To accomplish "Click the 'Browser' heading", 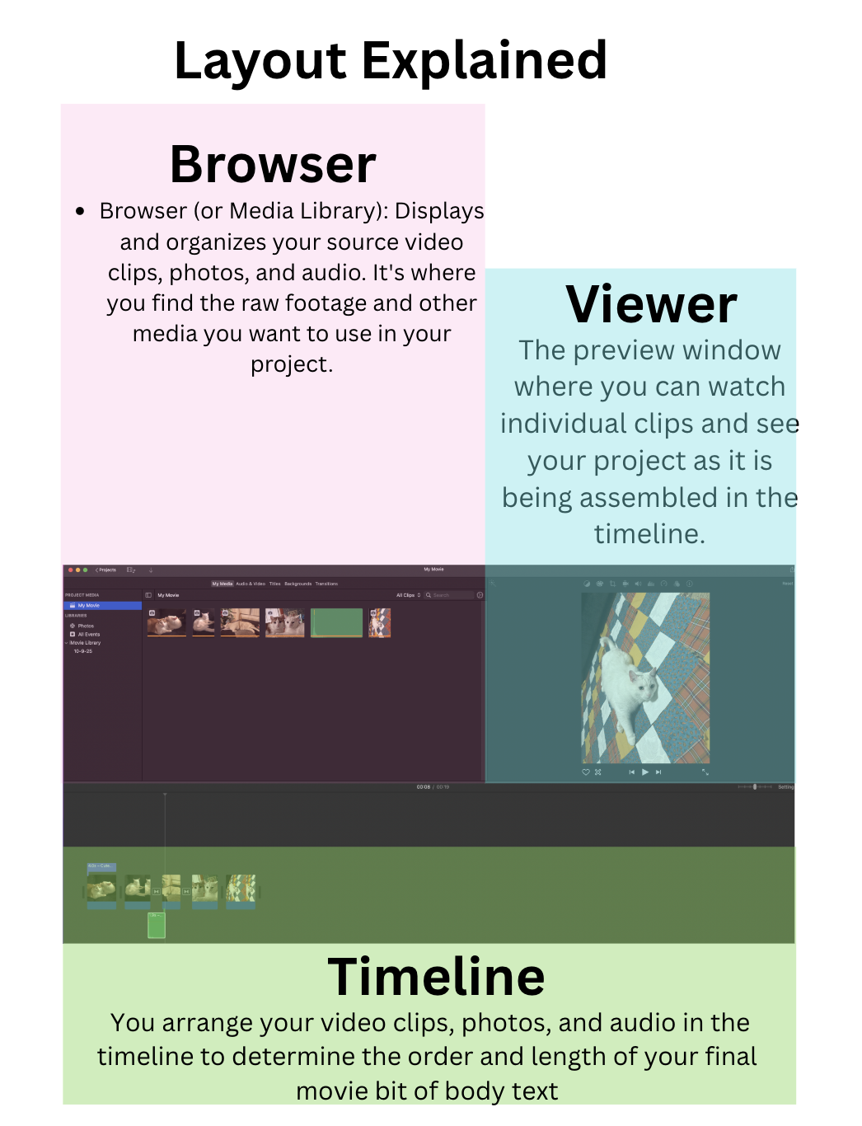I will [273, 164].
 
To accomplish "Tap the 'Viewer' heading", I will [651, 304].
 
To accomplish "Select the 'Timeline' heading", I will [436, 977].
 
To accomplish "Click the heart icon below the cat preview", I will [586, 772].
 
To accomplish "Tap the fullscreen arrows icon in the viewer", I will [705, 772].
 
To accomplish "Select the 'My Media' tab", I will [222, 584].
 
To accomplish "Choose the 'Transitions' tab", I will [326, 584].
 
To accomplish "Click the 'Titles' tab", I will [274, 584].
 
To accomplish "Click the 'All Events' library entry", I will [88, 634].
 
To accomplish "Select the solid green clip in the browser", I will [336, 622].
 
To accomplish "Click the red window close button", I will [71, 570].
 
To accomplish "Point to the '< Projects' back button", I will [105, 570].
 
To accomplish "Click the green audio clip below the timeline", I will [157, 925].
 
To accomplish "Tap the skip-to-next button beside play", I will [658, 772].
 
